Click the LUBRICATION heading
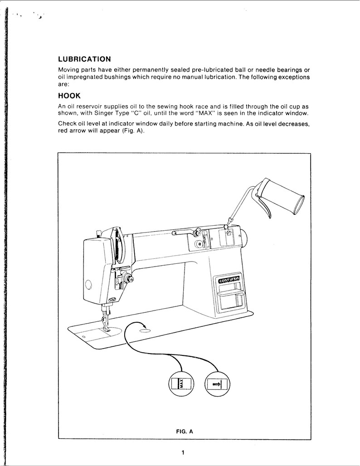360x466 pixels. click(x=85, y=59)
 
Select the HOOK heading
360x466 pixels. click(x=69, y=96)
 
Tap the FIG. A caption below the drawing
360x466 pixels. click(x=185, y=432)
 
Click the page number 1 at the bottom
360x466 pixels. click(x=182, y=452)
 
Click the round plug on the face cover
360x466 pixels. click(x=88, y=285)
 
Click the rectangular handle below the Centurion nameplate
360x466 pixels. click(x=231, y=300)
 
